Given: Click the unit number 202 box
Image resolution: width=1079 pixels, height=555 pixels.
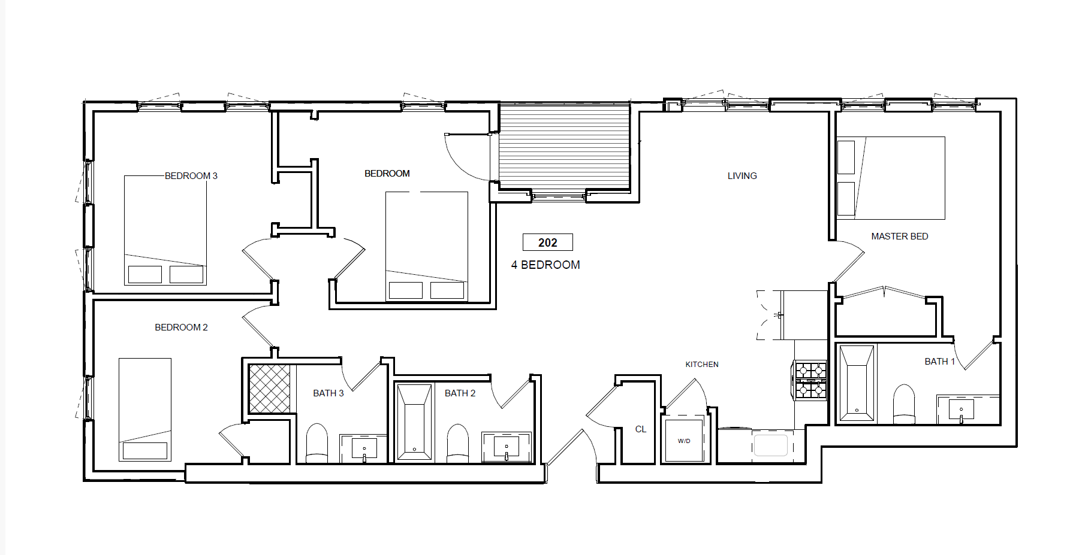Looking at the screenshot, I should [x=547, y=242].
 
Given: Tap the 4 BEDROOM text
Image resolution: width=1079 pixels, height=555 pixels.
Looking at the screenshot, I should [x=545, y=265].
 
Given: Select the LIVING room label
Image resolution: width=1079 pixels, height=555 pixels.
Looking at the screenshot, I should [x=742, y=175].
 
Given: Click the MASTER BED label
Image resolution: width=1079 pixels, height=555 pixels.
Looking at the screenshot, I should [x=899, y=236].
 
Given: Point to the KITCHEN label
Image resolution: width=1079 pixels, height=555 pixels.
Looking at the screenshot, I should [x=701, y=364].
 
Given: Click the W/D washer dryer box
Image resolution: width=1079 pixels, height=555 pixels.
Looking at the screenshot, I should [x=684, y=441].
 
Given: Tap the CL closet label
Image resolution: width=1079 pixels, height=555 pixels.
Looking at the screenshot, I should [x=640, y=429].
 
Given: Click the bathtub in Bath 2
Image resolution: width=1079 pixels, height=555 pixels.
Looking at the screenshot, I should [x=414, y=423].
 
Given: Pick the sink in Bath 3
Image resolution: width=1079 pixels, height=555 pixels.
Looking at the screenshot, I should [x=364, y=448].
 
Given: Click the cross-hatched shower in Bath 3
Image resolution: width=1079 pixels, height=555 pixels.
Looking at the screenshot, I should [x=270, y=388].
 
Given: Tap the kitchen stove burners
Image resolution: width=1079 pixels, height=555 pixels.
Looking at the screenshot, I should [x=810, y=380].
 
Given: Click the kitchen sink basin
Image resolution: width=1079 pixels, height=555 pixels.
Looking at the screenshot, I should [x=770, y=445].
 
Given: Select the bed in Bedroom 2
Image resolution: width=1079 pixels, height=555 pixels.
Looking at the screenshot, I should [x=145, y=410].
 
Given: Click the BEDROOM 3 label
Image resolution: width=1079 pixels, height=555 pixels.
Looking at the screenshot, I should [x=191, y=175].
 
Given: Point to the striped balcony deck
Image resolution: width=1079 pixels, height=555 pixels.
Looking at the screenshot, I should [x=564, y=147].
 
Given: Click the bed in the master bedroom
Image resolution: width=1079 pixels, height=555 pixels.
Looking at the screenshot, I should [x=891, y=178].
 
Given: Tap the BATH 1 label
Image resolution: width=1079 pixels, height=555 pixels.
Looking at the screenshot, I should [x=939, y=361].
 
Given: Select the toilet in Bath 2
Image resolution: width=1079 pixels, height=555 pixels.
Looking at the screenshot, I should [x=458, y=443].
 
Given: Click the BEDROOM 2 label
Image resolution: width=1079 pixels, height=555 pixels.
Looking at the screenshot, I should [x=181, y=327].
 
